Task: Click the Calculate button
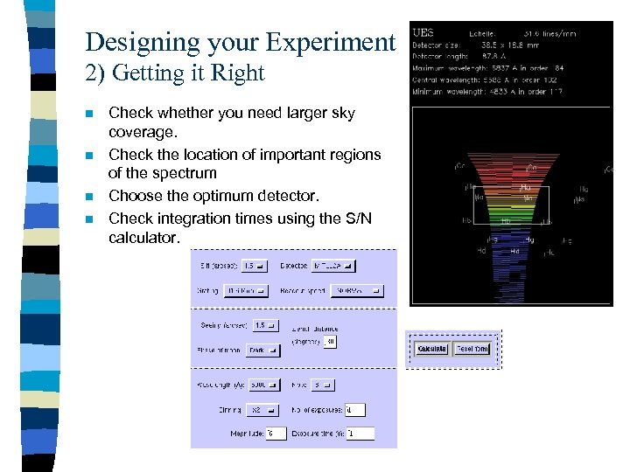[431, 349]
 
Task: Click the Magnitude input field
[276, 433]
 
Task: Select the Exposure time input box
[359, 433]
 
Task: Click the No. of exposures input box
[354, 409]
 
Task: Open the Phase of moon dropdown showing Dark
[262, 350]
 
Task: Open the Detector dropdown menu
[333, 266]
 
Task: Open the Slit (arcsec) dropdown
[255, 266]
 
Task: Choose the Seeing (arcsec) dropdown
[263, 325]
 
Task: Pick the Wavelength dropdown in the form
[262, 385]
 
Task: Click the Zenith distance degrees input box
[330, 342]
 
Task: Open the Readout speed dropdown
[356, 290]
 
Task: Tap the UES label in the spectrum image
[423, 32]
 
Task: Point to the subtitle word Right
[236, 73]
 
